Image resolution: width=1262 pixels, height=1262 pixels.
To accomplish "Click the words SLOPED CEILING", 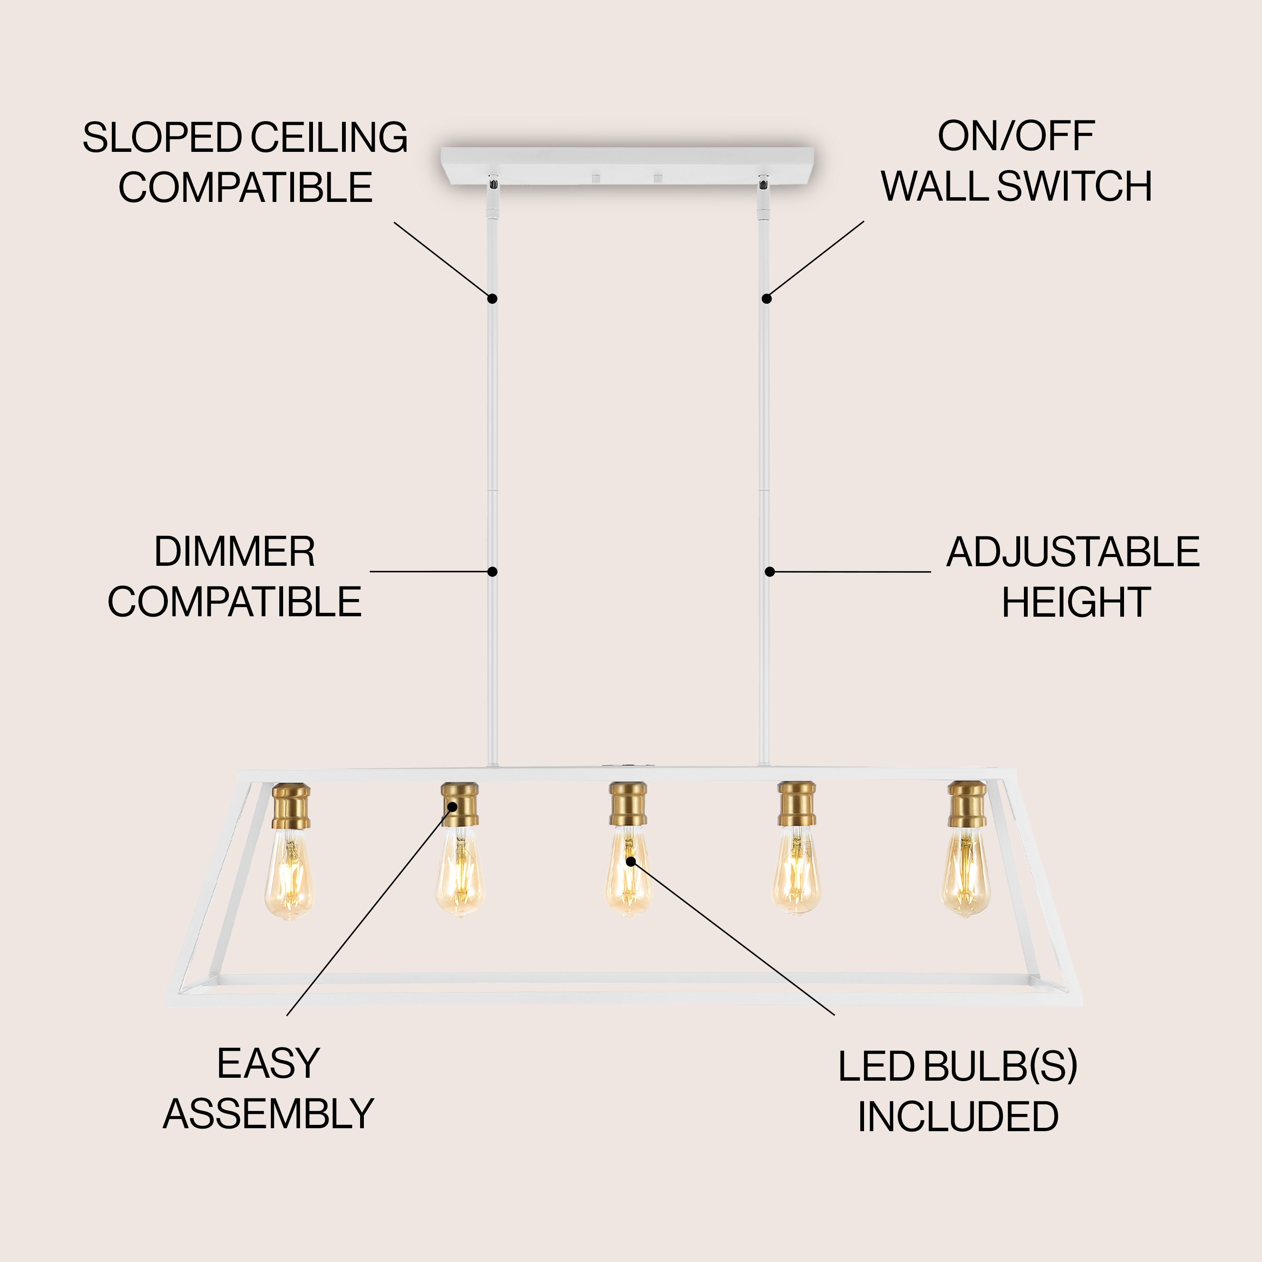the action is (x=245, y=138).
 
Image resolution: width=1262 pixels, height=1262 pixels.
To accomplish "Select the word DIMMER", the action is (x=234, y=552).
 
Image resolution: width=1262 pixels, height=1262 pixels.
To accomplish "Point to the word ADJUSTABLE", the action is (x=1073, y=552).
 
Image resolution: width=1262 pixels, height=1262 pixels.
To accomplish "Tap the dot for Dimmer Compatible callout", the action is (x=493, y=572).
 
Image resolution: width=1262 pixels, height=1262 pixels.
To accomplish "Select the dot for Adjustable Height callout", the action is (x=770, y=572).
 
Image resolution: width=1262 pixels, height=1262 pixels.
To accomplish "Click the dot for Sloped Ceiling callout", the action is (x=493, y=299).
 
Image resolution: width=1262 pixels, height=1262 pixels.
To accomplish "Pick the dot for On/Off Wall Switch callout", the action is (x=767, y=299).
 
